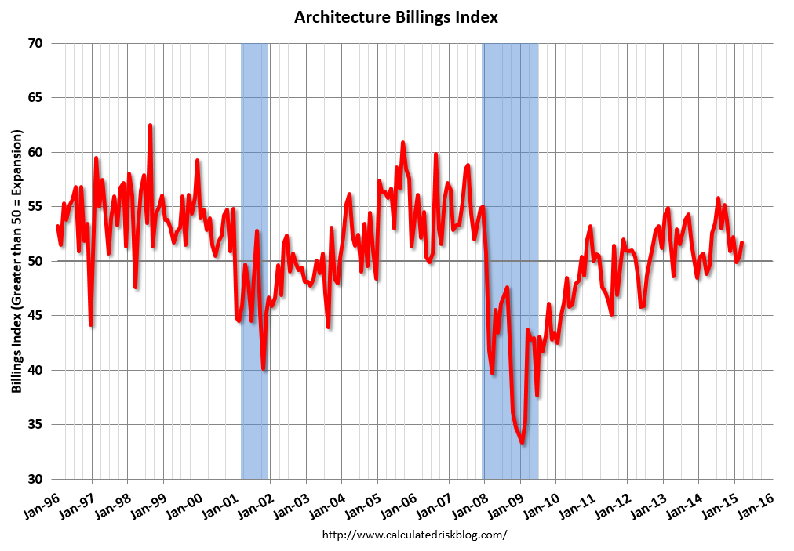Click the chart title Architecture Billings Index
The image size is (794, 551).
396,17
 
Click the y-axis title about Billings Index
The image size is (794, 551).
16,261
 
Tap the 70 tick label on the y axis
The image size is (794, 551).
35,43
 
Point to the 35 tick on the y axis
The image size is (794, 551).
35,424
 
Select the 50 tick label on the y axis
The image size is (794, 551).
35,261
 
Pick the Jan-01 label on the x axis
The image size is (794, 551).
220,501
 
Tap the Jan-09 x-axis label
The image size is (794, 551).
505,501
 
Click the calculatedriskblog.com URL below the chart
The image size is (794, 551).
415,535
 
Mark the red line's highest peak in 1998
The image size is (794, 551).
150,125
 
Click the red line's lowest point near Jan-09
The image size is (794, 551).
523,444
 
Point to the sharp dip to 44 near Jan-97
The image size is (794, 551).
90,324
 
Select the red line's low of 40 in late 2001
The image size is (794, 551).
264,368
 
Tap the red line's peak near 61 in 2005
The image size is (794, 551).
402,143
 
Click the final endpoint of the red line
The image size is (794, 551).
742,242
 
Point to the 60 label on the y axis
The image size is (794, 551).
35,152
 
